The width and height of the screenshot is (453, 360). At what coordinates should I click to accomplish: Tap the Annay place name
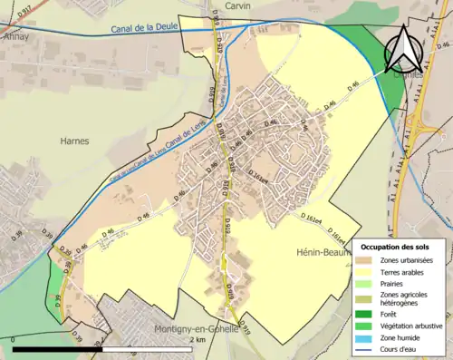click(15, 37)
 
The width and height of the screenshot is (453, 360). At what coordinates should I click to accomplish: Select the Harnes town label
click(74, 141)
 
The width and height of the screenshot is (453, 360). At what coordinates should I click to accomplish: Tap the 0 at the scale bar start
click(13, 339)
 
